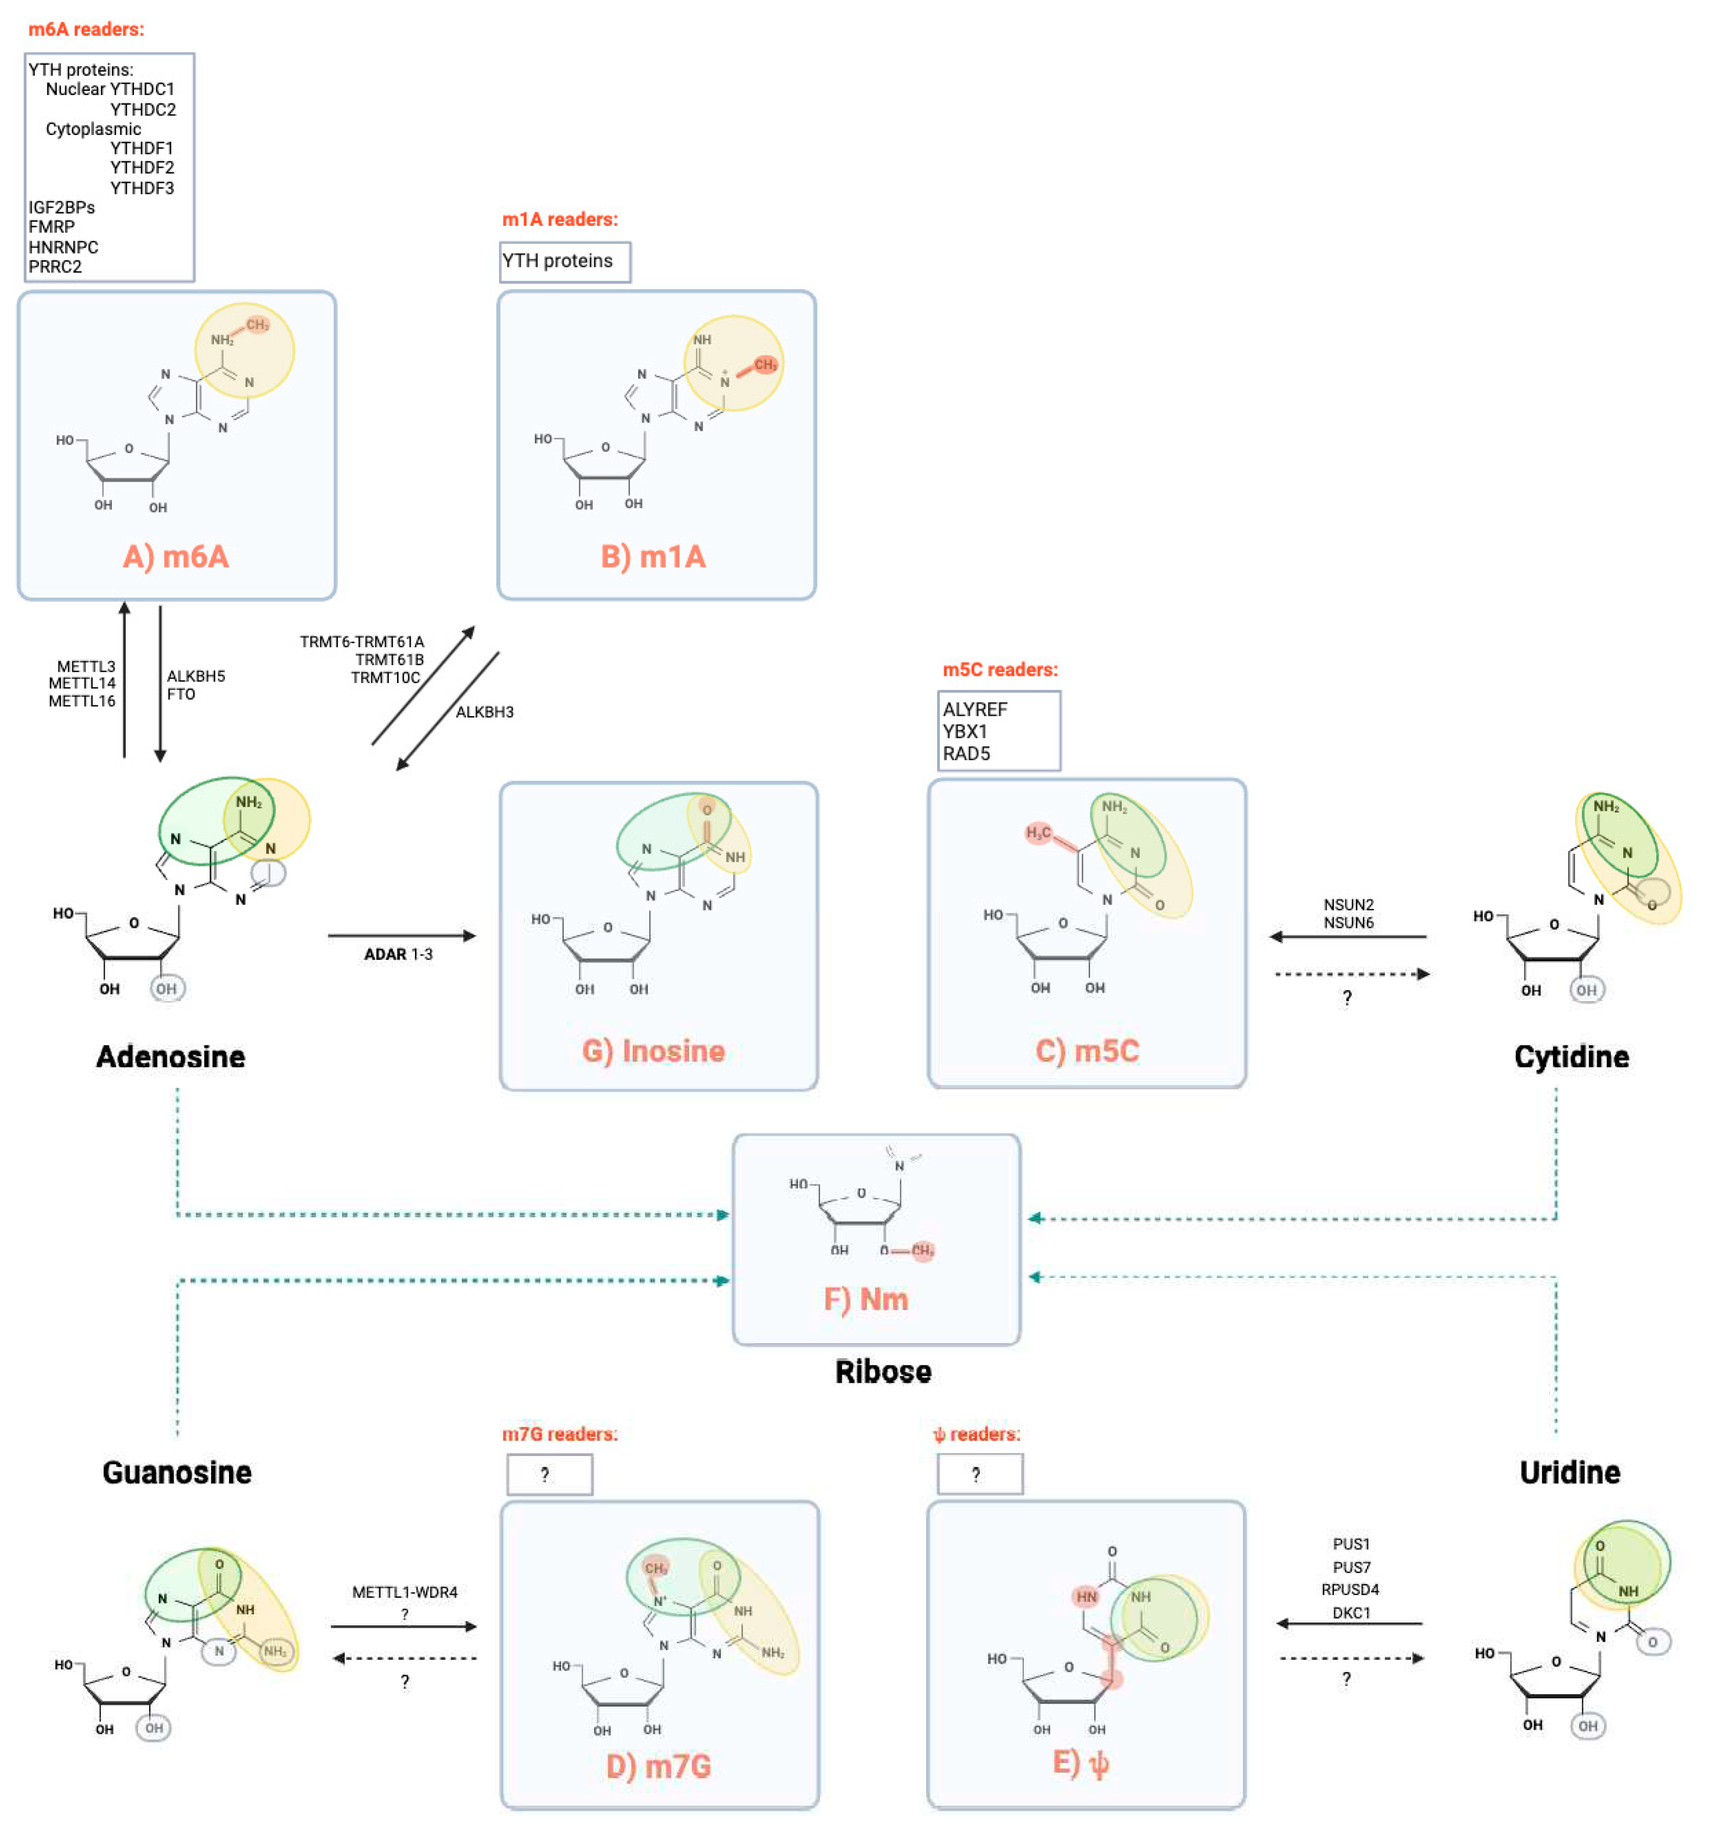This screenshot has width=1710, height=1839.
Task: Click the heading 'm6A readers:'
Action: pyautogui.click(x=86, y=30)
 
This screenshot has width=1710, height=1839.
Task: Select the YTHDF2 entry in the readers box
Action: pyautogui.click(x=142, y=167)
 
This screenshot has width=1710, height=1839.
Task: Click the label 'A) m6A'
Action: pyautogui.click(x=176, y=557)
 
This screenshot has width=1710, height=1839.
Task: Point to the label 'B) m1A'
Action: pyautogui.click(x=653, y=557)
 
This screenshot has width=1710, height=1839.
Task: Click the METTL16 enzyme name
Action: pyautogui.click(x=82, y=701)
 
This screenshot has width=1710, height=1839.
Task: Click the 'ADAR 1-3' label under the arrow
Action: pyautogui.click(x=398, y=955)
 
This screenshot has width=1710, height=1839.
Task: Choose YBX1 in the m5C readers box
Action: pyautogui.click(x=964, y=732)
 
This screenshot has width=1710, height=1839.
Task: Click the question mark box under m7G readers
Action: pyautogui.click(x=549, y=1475)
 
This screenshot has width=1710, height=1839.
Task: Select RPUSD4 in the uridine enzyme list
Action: pyautogui.click(x=1350, y=1590)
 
